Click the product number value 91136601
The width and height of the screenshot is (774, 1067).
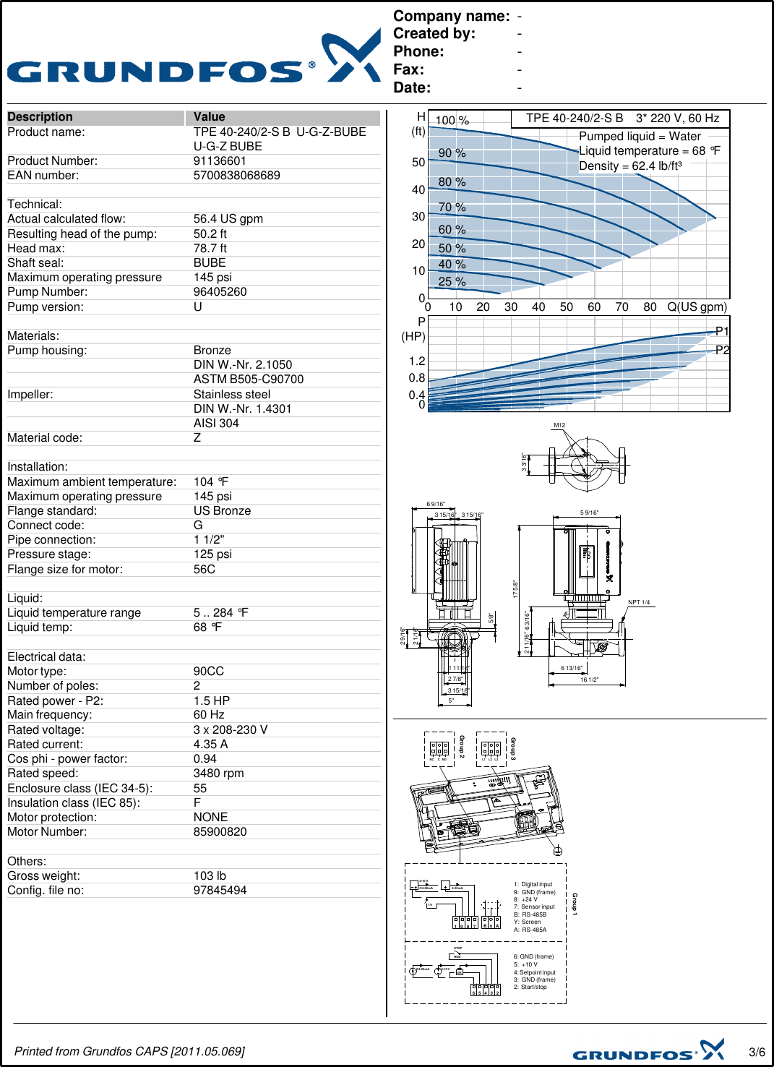[220, 161]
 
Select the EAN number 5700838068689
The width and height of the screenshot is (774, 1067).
[236, 176]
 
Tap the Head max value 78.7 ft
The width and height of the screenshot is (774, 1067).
[210, 249]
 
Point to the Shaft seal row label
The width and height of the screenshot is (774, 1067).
[35, 263]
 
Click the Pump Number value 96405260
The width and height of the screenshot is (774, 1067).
[220, 292]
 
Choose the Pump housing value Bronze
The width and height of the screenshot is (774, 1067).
[212, 351]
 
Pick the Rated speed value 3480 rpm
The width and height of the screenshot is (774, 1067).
[218, 774]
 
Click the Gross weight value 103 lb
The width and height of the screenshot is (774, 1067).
[210, 876]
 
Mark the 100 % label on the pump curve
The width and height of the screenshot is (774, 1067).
[452, 121]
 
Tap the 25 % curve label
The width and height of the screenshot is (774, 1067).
[452, 282]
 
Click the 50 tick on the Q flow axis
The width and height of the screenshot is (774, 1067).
[566, 307]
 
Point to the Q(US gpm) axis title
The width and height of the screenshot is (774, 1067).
[697, 307]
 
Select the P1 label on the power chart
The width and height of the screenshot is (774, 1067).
[722, 331]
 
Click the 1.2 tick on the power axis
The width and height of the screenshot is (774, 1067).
[417, 361]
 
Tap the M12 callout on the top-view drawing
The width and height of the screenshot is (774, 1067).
[559, 426]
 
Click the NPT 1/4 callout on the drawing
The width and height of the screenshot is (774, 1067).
[639, 602]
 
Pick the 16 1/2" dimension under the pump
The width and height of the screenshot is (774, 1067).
[589, 680]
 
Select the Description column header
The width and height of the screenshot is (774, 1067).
[40, 117]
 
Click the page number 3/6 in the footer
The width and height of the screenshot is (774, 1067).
[757, 1052]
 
